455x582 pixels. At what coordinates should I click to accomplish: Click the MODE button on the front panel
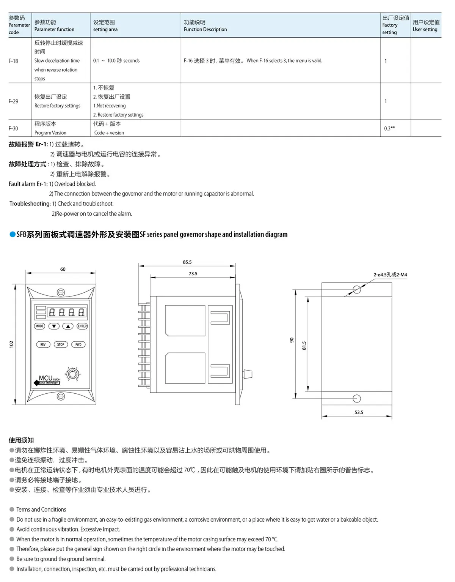point(39,326)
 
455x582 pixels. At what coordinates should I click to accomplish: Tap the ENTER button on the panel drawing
point(82,326)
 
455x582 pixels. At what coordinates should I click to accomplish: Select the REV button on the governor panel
point(43,344)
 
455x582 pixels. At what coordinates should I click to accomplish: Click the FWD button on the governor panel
point(78,344)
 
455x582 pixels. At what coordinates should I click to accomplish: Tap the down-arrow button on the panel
point(54,326)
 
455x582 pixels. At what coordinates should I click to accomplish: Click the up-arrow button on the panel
point(68,326)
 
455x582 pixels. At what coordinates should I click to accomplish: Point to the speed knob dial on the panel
point(72,374)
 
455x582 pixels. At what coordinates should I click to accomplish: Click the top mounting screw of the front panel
point(61,292)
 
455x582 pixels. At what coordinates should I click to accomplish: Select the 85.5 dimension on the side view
point(187,262)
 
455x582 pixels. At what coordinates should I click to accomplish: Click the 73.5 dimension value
point(193,273)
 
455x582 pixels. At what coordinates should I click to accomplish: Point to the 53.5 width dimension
point(359,412)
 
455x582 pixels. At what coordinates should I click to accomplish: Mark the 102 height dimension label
point(11,344)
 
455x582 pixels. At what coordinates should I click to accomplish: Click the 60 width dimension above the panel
point(63,269)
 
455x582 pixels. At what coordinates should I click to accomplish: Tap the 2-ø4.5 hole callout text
point(390,274)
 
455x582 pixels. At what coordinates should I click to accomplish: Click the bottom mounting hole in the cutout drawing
point(356,398)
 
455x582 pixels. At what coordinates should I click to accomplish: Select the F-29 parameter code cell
point(13,101)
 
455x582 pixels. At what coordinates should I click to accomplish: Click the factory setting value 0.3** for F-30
point(389,128)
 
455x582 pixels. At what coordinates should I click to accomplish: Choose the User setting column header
point(426,25)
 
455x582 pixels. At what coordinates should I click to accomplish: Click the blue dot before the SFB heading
point(12,235)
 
